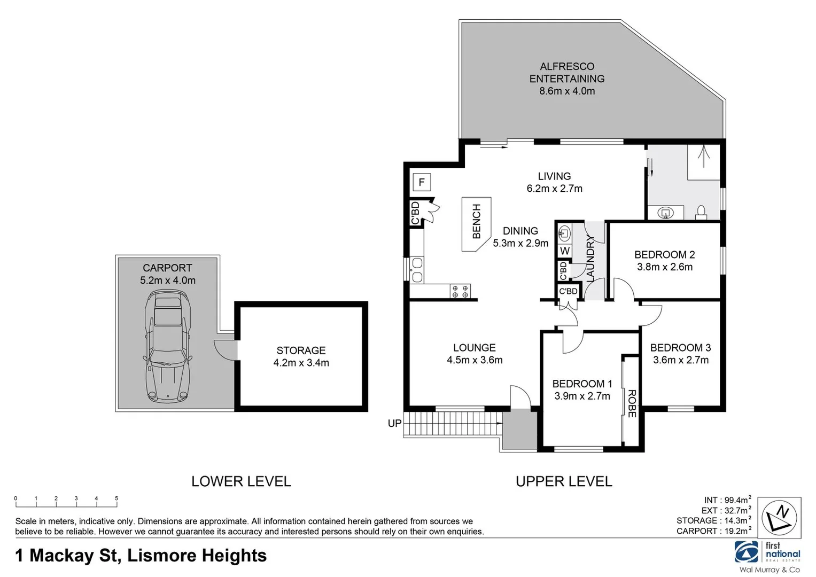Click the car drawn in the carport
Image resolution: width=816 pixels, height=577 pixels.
(167, 346)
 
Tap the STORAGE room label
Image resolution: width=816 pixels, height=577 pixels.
(301, 350)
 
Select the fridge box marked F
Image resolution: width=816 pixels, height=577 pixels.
(422, 183)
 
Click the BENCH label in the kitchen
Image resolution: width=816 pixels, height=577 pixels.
(477, 221)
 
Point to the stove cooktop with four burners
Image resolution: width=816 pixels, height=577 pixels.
(460, 291)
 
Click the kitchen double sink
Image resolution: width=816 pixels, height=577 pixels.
(417, 270)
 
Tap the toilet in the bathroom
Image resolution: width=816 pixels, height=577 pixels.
(702, 212)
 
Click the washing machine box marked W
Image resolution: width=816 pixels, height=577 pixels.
(565, 251)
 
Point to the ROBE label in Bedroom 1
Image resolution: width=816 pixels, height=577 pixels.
(632, 403)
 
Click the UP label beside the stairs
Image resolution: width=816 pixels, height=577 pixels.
(394, 424)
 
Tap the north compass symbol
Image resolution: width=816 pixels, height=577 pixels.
(780, 518)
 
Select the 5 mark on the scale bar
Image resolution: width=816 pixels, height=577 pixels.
(116, 498)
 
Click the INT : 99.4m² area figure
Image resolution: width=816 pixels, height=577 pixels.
(727, 500)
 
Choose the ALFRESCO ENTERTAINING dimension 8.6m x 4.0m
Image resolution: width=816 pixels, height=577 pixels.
(567, 91)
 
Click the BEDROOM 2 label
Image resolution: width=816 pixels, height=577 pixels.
(664, 255)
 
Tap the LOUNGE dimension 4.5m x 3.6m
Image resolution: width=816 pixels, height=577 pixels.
(475, 360)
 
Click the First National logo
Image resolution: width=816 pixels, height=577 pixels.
(767, 552)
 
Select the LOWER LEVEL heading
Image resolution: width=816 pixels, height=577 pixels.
(241, 481)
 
